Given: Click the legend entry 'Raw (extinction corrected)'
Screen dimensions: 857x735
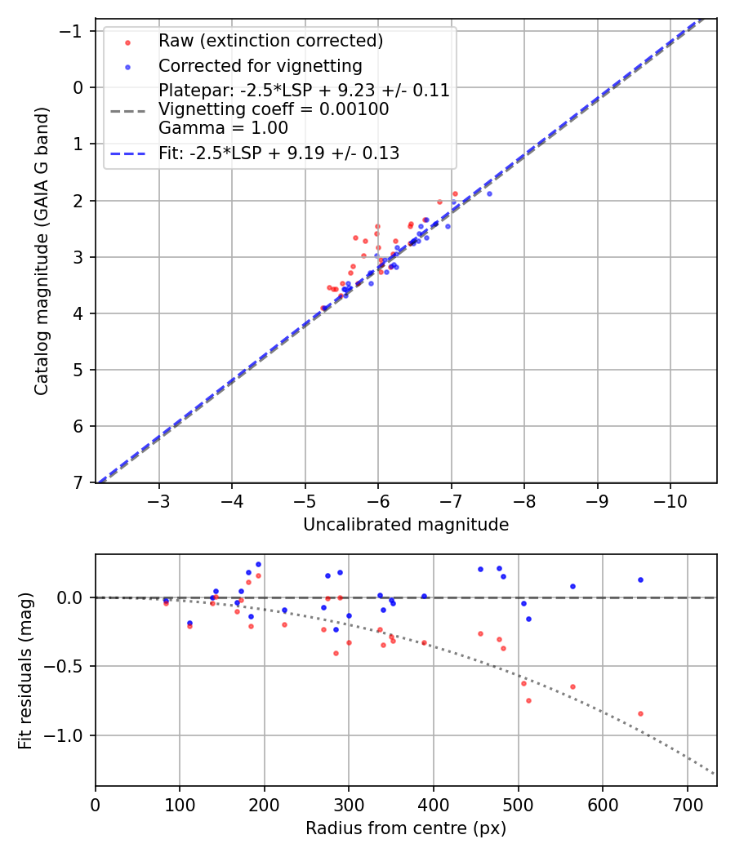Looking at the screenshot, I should point(270,41).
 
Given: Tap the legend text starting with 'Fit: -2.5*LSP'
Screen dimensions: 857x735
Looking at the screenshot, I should point(278,153).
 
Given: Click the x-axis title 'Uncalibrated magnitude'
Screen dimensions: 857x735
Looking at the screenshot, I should point(406,525).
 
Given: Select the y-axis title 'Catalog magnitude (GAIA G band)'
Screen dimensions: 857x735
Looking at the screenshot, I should point(42,251).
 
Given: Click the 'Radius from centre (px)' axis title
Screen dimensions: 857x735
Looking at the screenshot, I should point(406,828).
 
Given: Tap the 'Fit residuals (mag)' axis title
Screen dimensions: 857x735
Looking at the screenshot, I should point(25,670).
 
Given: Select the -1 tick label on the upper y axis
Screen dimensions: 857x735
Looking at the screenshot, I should point(74,31).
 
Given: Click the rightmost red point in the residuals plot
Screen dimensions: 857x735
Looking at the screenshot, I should point(640,713).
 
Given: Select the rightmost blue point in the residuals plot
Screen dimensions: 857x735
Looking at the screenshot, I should point(640,579).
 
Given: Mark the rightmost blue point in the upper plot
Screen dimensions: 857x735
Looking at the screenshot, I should point(489,193).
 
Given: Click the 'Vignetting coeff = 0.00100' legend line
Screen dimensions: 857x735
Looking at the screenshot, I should point(274,109).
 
